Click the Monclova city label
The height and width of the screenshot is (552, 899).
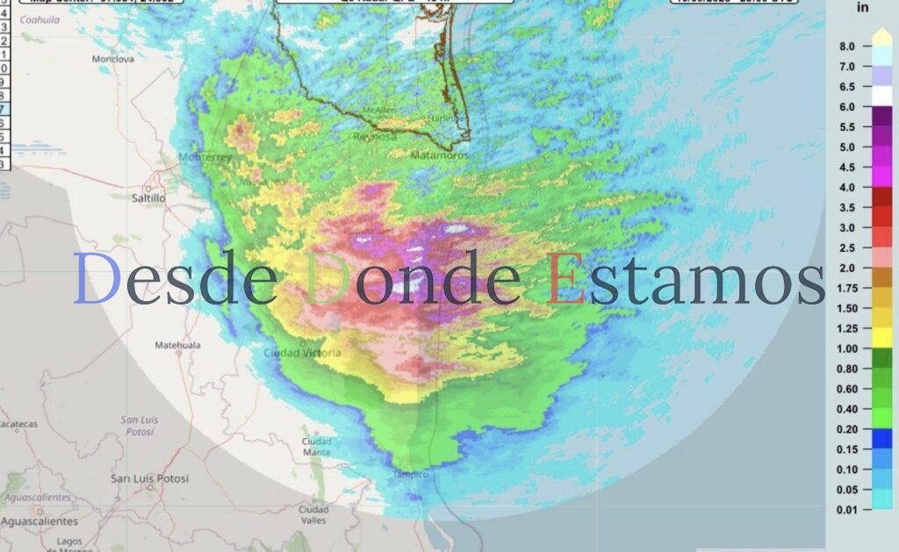click(x=113, y=60)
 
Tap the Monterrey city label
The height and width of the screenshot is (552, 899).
click(x=205, y=157)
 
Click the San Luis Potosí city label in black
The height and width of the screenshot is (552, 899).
click(x=149, y=478)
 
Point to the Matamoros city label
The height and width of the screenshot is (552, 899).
click(x=439, y=154)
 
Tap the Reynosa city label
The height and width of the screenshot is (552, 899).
click(x=375, y=137)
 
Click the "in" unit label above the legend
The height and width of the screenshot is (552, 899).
click(x=862, y=8)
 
